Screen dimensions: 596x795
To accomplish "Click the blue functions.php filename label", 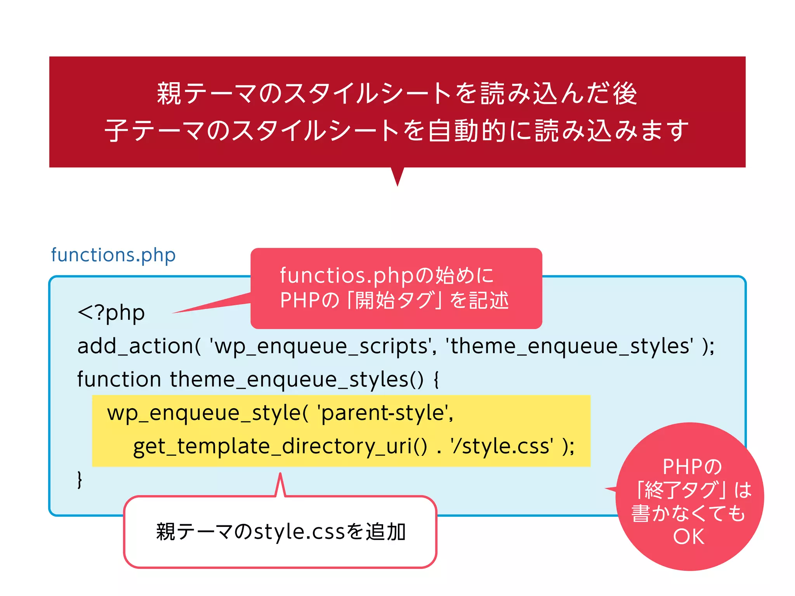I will pyautogui.click(x=113, y=255).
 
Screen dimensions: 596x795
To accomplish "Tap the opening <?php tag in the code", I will pyautogui.click(x=111, y=313).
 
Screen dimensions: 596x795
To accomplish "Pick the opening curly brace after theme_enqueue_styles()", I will pyautogui.click(x=436, y=379).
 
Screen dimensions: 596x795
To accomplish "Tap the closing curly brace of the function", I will pyautogui.click(x=80, y=480).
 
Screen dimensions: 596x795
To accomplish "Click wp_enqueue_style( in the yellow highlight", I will pyautogui.click(x=208, y=413).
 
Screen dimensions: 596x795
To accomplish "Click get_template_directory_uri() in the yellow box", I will pyautogui.click(x=280, y=446).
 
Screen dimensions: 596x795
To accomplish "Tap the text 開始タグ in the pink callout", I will pyautogui.click(x=394, y=300).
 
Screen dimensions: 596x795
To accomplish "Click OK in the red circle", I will pyautogui.click(x=689, y=537).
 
